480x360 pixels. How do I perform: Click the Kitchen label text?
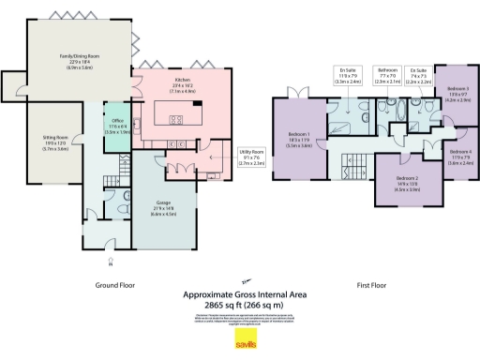pos(181,87)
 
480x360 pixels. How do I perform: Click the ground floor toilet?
pos(125,209)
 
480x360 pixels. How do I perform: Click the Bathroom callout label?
pos(387,72)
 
